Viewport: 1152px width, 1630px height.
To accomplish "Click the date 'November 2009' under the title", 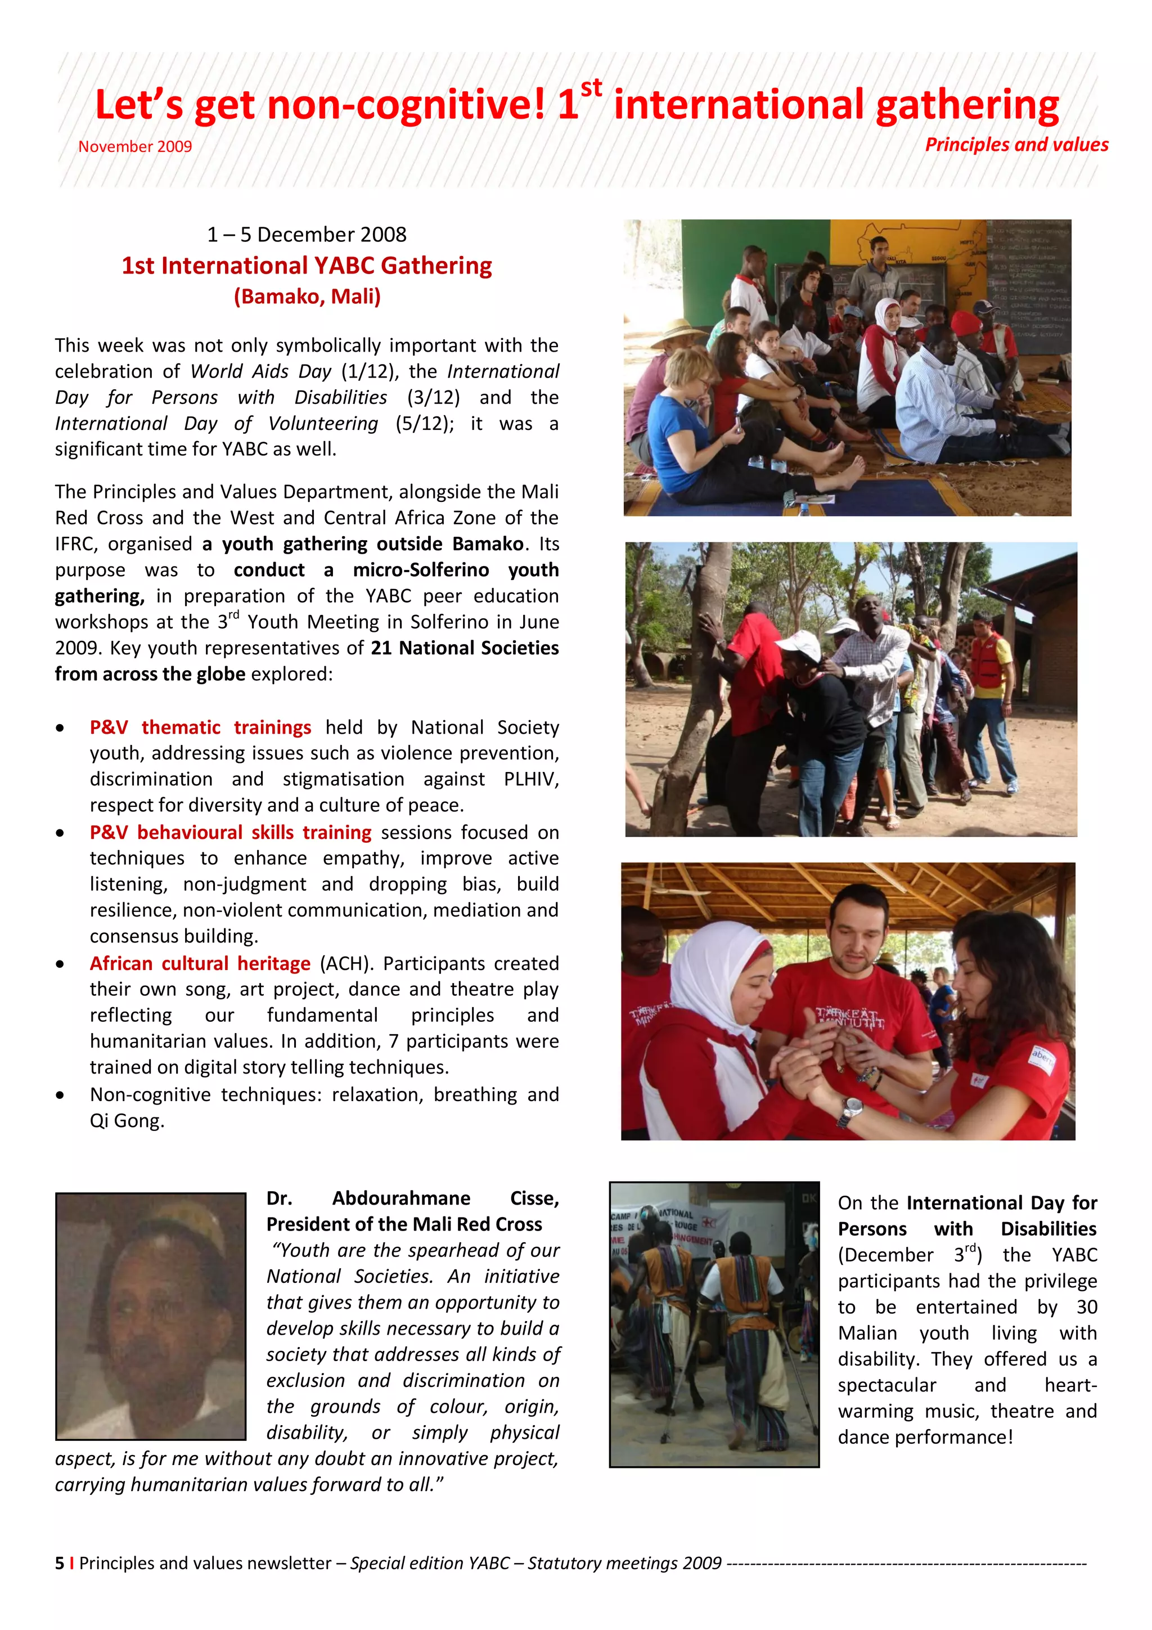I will click(x=135, y=147).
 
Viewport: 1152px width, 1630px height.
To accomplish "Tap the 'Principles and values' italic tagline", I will click(x=1016, y=145).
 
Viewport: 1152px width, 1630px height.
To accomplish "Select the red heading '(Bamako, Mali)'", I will click(x=307, y=296).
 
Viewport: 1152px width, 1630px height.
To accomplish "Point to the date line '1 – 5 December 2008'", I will click(x=307, y=234).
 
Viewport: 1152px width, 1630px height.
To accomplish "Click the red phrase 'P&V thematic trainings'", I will click(x=200, y=727).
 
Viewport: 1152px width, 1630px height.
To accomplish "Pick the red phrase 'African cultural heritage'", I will click(x=200, y=963).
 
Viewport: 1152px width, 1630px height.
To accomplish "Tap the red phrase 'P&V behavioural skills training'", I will click(x=230, y=832).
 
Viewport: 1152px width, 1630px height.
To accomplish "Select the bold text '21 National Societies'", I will click(x=464, y=648).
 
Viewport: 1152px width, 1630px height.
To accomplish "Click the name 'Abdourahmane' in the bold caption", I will click(x=401, y=1198).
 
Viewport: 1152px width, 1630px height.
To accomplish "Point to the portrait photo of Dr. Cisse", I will click(x=151, y=1315).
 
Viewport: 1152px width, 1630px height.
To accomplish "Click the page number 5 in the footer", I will click(x=60, y=1563).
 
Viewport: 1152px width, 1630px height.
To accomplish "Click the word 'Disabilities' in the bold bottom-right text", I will click(x=1048, y=1229).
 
